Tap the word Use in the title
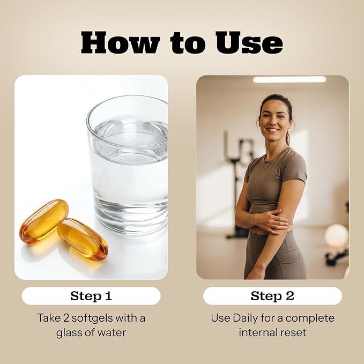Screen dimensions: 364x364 pyautogui.click(x=249, y=43)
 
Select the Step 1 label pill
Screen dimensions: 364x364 pyautogui.click(x=91, y=296)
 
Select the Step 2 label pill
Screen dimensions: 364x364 pyautogui.click(x=272, y=296)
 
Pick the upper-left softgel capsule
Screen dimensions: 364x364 pyautogui.click(x=44, y=221)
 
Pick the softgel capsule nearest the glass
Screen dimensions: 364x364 pyautogui.click(x=83, y=239)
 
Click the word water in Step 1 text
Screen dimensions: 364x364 pyautogui.click(x=112, y=332)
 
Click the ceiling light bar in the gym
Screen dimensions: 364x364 pyautogui.click(x=289, y=80)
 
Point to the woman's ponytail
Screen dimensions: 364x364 pyautogui.click(x=288, y=137)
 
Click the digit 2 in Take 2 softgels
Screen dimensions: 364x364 pyautogui.click(x=66, y=318)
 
